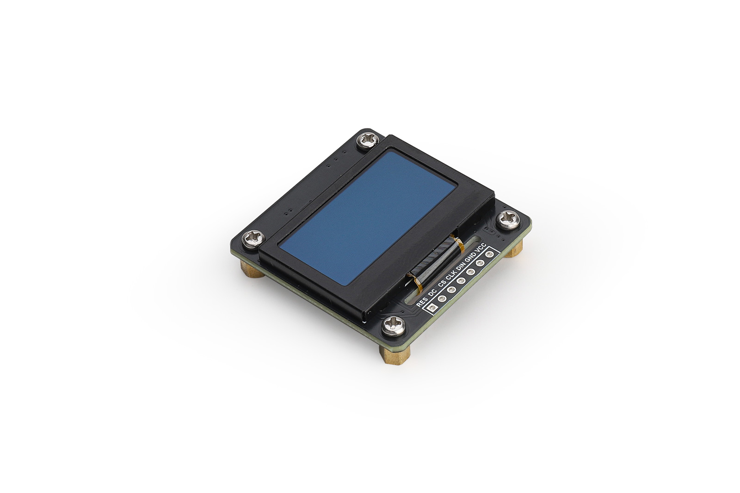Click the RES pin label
[x=422, y=301]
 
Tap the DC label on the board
[x=432, y=293]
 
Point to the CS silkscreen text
[x=441, y=284]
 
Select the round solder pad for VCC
[x=490, y=254]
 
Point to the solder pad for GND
[x=481, y=263]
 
